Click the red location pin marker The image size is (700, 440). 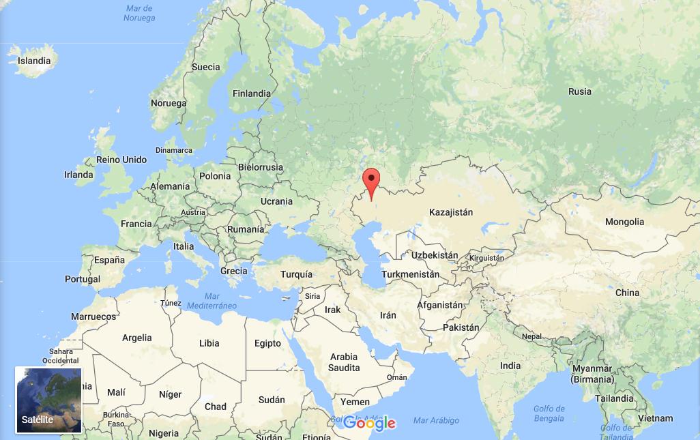click(371, 181)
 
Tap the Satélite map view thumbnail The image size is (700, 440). click(48, 400)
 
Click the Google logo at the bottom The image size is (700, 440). click(369, 423)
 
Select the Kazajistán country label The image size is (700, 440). click(451, 212)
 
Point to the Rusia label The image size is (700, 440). click(580, 91)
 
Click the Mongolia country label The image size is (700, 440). click(624, 222)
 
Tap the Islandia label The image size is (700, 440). click(34, 61)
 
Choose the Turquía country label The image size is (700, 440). click(296, 274)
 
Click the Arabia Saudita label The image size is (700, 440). click(344, 362)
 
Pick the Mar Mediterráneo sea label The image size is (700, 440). click(212, 301)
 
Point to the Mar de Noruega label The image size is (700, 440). click(139, 13)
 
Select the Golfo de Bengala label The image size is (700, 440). click(549, 413)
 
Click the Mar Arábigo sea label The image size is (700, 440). click(436, 420)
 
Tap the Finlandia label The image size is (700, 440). click(252, 93)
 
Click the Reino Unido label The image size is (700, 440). click(121, 160)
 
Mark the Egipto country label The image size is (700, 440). click(267, 343)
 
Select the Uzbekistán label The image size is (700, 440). click(435, 255)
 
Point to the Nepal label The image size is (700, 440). click(531, 336)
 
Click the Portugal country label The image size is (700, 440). click(83, 279)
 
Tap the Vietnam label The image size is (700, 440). click(656, 418)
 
